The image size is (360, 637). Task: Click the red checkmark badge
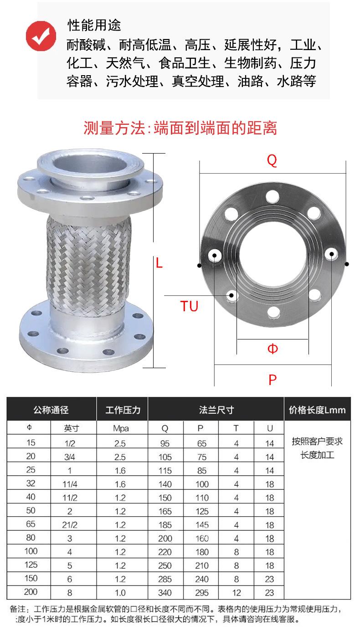click(x=41, y=36)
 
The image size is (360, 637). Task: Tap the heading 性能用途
click(x=94, y=25)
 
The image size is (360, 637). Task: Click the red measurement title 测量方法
click(x=114, y=128)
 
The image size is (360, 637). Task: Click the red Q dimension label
click(x=272, y=160)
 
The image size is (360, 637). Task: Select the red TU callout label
click(x=189, y=306)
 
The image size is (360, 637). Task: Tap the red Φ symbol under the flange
click(x=273, y=349)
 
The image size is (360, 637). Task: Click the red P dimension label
click(x=273, y=380)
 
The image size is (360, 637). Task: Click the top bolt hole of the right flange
click(x=273, y=197)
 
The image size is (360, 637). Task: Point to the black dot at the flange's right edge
click(x=347, y=264)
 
